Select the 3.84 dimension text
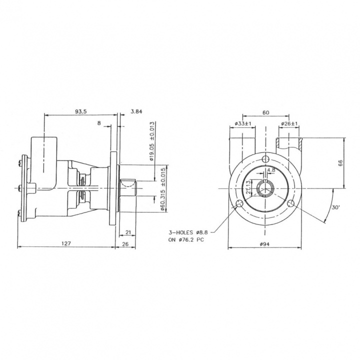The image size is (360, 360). (136, 111)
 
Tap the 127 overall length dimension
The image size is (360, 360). (66, 243)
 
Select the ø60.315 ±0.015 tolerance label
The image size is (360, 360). (163, 189)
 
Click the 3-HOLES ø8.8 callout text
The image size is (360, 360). (187, 232)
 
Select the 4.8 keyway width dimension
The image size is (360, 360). (271, 170)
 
